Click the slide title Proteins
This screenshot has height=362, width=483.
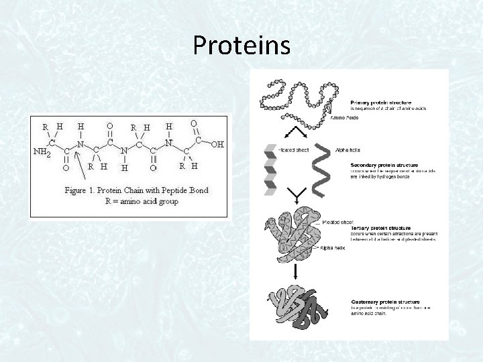click(x=241, y=46)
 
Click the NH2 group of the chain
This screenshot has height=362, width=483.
click(x=42, y=152)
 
